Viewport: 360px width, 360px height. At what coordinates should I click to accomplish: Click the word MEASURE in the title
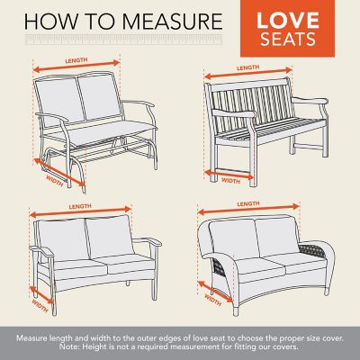click(176, 20)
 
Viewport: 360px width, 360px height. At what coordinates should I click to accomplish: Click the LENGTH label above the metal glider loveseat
click(76, 62)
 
